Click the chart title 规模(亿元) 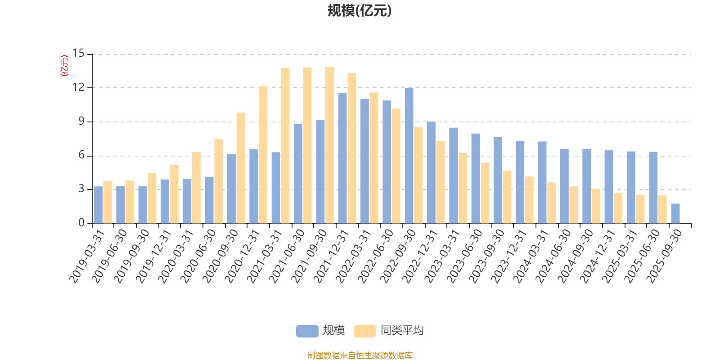pyautogui.click(x=359, y=11)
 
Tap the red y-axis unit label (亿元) pyautogui.click(x=64, y=66)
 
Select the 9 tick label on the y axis pyautogui.click(x=81, y=121)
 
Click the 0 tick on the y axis pyautogui.click(x=81, y=223)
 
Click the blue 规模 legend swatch pyautogui.click(x=307, y=331)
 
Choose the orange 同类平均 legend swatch pyautogui.click(x=364, y=331)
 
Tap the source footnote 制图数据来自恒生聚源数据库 pyautogui.click(x=360, y=355)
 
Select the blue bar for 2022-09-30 pyautogui.click(x=409, y=156)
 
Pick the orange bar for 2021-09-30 pyautogui.click(x=329, y=145)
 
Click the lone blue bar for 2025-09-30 pyautogui.click(x=675, y=213)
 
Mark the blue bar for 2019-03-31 pyautogui.click(x=98, y=205)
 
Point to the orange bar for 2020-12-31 pyautogui.click(x=263, y=155)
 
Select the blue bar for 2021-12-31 pyautogui.click(x=342, y=158)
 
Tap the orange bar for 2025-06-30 pyautogui.click(x=662, y=209)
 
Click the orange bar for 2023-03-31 pyautogui.click(x=463, y=188)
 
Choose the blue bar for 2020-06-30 pyautogui.click(x=209, y=200)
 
